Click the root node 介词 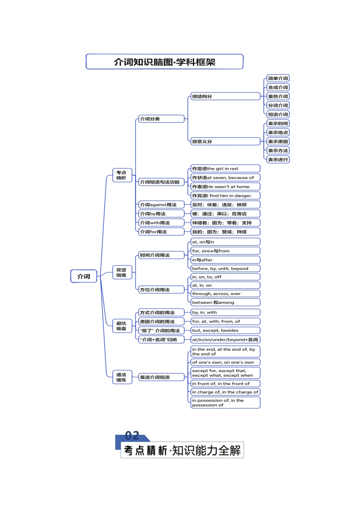(x=84, y=276)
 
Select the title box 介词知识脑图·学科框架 (x=164, y=62)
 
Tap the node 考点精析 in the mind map (x=122, y=175)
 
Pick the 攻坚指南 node (x=122, y=273)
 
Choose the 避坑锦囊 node (x=122, y=326)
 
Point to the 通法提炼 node (x=122, y=377)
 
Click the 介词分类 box (x=161, y=119)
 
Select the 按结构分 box (x=225, y=97)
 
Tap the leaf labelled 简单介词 (x=278, y=78)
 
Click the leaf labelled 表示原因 (x=278, y=142)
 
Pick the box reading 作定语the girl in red (x=225, y=169)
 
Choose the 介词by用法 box (x=161, y=214)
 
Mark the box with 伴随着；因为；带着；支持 (x=225, y=223)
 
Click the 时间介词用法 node (x=161, y=255)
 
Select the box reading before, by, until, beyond (x=225, y=269)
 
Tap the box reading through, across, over (x=225, y=294)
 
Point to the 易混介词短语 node (x=161, y=377)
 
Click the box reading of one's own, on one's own (x=225, y=362)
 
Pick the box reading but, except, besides (x=225, y=331)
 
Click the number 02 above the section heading (x=132, y=436)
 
